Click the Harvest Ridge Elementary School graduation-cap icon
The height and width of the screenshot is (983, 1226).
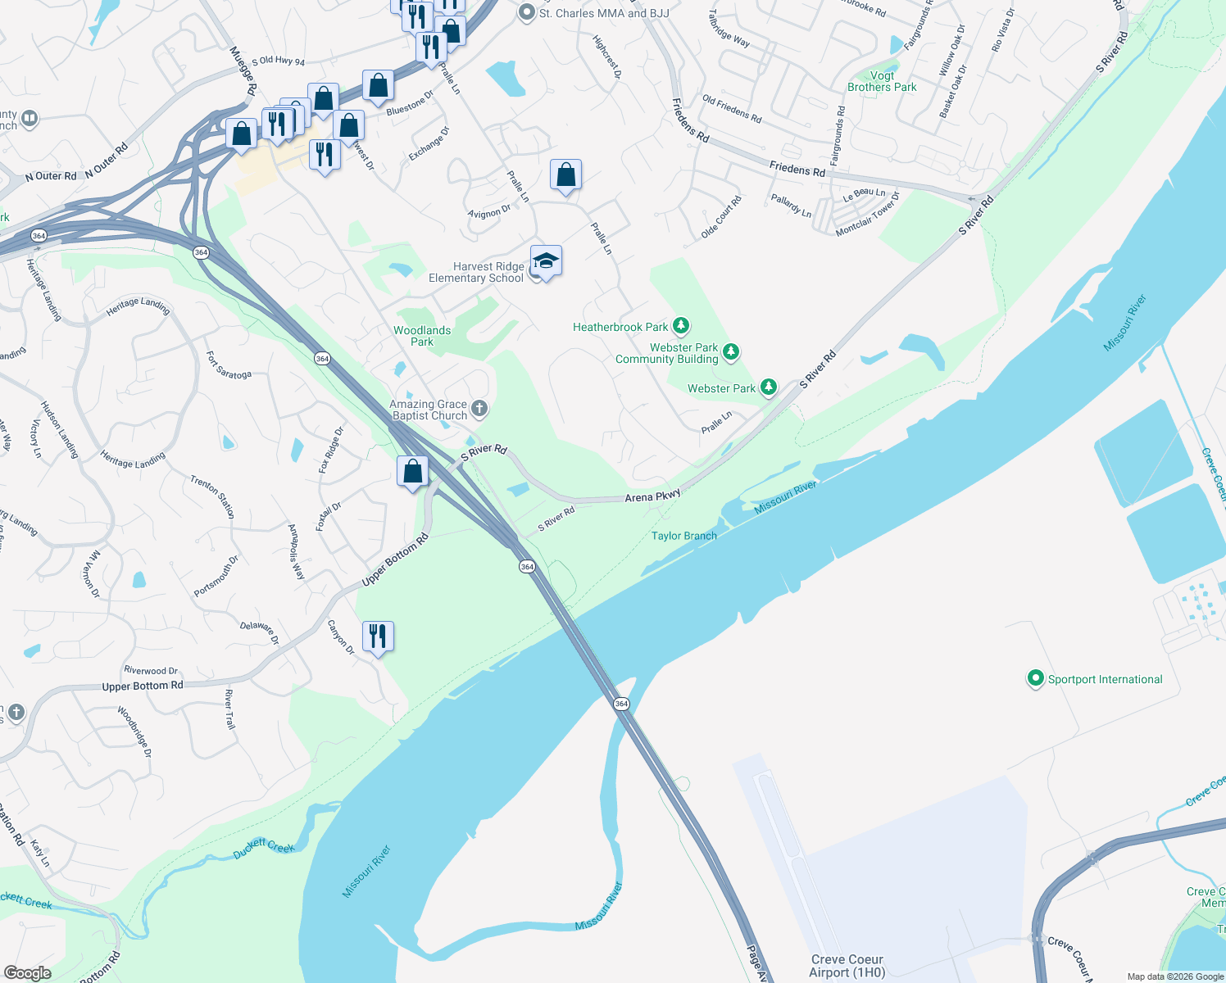546,261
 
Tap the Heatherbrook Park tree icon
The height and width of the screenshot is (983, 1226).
680,326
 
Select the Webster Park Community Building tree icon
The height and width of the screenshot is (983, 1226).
731,352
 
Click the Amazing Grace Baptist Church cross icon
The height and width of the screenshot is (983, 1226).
479,408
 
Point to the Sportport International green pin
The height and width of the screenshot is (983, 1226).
1036,678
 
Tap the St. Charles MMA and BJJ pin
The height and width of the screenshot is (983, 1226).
527,13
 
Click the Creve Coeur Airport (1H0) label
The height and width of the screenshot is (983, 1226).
847,966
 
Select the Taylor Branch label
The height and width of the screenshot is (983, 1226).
683,536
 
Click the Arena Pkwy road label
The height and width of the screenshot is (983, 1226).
652,496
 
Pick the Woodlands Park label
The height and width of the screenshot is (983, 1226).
422,336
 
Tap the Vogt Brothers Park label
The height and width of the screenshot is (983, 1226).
882,81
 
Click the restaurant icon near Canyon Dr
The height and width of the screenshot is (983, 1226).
378,636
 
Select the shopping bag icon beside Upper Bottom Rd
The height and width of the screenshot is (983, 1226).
413,471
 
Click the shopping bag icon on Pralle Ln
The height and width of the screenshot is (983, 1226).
565,174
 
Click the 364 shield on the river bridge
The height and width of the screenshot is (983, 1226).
621,704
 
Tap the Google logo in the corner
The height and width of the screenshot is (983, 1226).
28,973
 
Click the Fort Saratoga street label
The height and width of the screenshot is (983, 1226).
229,366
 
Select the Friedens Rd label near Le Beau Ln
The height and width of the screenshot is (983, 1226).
797,170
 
